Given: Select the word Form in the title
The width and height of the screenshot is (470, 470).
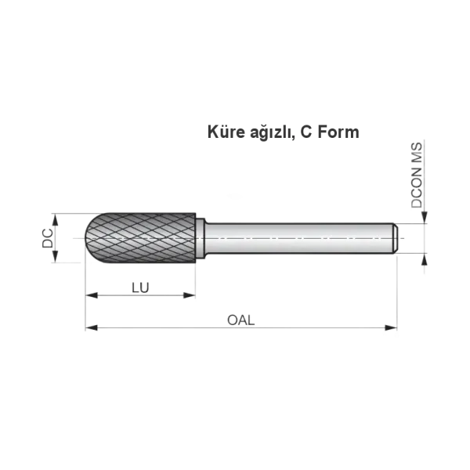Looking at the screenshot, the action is [x=338, y=132].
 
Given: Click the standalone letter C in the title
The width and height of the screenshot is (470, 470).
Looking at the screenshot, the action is [x=306, y=132].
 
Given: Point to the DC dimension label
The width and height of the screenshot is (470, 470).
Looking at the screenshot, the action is [x=47, y=238].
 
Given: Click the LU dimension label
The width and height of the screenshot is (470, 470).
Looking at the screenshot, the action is [x=140, y=287].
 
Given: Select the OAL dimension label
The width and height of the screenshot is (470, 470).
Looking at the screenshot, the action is [x=241, y=320].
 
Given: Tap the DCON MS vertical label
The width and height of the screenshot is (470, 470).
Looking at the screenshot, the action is [x=417, y=175].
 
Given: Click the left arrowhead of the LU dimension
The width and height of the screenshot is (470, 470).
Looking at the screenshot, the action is [x=92, y=295].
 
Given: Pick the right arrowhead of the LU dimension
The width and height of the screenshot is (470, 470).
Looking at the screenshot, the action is [x=190, y=295].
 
